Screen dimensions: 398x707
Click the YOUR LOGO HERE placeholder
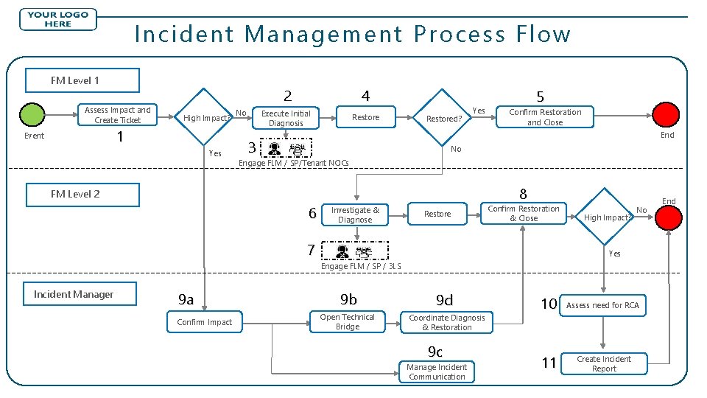pyautogui.click(x=58, y=19)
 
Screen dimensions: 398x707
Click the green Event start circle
pyautogui.click(x=32, y=116)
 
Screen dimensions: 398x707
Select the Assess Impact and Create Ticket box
pyautogui.click(x=118, y=115)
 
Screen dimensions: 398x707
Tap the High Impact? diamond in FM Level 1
pyautogui.click(x=205, y=118)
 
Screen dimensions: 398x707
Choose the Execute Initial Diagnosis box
pyautogui.click(x=286, y=118)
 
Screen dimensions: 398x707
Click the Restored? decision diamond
pyautogui.click(x=444, y=118)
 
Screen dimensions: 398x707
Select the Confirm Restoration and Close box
pyautogui.click(x=545, y=117)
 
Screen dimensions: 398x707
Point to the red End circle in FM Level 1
pyautogui.click(x=666, y=116)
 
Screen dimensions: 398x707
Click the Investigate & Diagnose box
pyautogui.click(x=356, y=214)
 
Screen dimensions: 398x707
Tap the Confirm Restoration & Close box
pyautogui.click(x=524, y=213)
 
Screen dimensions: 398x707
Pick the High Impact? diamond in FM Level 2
pyautogui.click(x=607, y=217)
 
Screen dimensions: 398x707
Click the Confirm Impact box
pyautogui.click(x=205, y=322)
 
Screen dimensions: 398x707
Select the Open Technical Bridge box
pyautogui.click(x=347, y=322)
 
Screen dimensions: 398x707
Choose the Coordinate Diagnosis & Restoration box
pyautogui.click(x=447, y=322)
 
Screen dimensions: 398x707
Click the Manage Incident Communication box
pyautogui.click(x=437, y=371)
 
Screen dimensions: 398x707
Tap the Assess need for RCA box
pyautogui.click(x=602, y=305)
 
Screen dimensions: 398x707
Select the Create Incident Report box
pyautogui.click(x=604, y=363)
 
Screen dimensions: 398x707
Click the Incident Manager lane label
pyautogui.click(x=74, y=295)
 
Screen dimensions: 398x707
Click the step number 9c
pyautogui.click(x=436, y=352)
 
